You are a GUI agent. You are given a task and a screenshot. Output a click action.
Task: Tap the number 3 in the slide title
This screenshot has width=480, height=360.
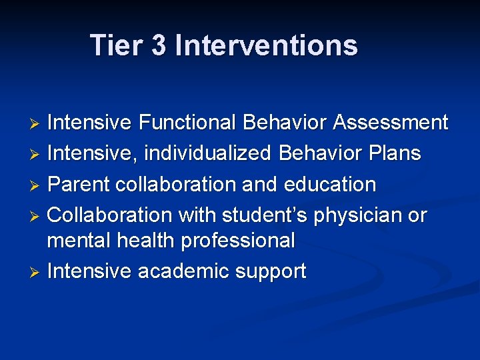click(x=159, y=45)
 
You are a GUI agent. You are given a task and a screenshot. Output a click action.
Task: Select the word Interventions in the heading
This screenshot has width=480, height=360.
click(x=266, y=45)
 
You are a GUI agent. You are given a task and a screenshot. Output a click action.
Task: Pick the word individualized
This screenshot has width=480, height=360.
click(x=207, y=153)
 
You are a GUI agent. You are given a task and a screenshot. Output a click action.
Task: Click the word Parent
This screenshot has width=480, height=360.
click(x=79, y=184)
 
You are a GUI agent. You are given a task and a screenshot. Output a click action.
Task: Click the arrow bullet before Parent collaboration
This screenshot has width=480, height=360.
click(x=37, y=185)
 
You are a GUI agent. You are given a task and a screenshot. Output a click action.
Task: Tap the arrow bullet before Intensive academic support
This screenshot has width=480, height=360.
click(x=37, y=272)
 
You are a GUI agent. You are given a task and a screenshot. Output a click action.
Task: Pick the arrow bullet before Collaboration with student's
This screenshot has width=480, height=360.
click(x=37, y=216)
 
